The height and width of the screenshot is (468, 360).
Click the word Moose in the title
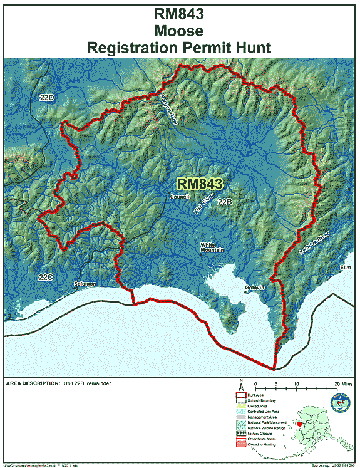180,29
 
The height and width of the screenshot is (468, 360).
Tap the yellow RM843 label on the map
200,184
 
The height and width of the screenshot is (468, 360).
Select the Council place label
179,196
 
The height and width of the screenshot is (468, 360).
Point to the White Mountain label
212,247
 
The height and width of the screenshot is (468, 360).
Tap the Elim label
344,268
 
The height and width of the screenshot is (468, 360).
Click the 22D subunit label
46,98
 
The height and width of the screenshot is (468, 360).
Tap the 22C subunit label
45,276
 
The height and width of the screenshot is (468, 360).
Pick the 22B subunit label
225,202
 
